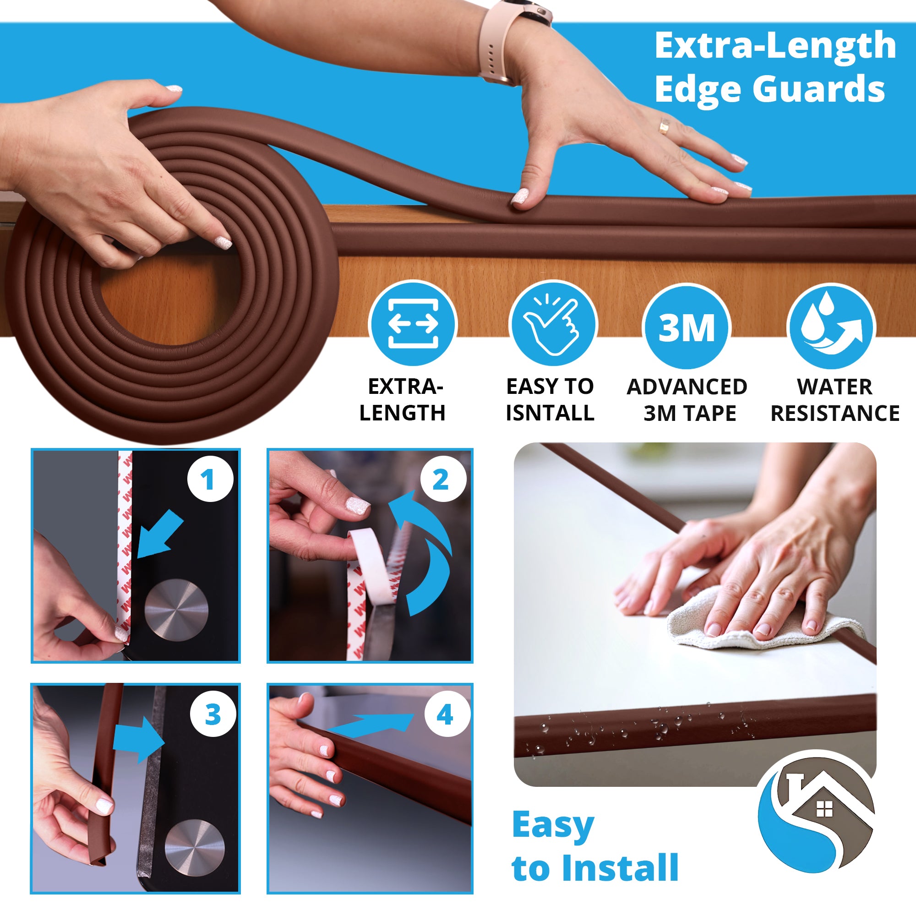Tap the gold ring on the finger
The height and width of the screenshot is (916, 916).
(x=664, y=126)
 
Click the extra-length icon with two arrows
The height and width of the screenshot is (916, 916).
(x=413, y=324)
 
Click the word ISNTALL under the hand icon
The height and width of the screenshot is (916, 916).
(x=550, y=413)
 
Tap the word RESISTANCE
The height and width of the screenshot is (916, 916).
(x=835, y=414)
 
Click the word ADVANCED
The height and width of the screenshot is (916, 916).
(x=687, y=387)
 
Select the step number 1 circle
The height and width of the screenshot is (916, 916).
(x=210, y=480)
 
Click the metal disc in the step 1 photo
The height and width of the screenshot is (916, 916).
(x=176, y=610)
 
